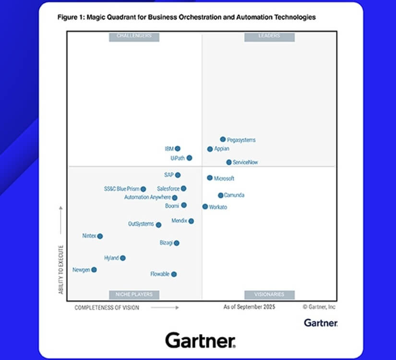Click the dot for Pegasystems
(x=223, y=139)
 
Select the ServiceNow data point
(x=229, y=162)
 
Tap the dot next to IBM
(x=178, y=149)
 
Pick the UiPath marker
(x=189, y=158)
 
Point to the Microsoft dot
(x=210, y=178)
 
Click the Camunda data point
(x=221, y=195)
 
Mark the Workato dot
(x=205, y=207)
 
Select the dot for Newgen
(x=94, y=270)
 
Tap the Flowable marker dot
(x=174, y=274)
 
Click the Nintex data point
(x=100, y=236)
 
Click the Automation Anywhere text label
(x=147, y=197)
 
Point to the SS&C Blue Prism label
(x=121, y=189)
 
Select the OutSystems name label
(x=141, y=224)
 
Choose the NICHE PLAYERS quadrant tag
(x=134, y=294)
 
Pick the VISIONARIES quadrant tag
(x=269, y=294)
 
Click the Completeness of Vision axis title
(x=107, y=308)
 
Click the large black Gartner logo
(x=201, y=340)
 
